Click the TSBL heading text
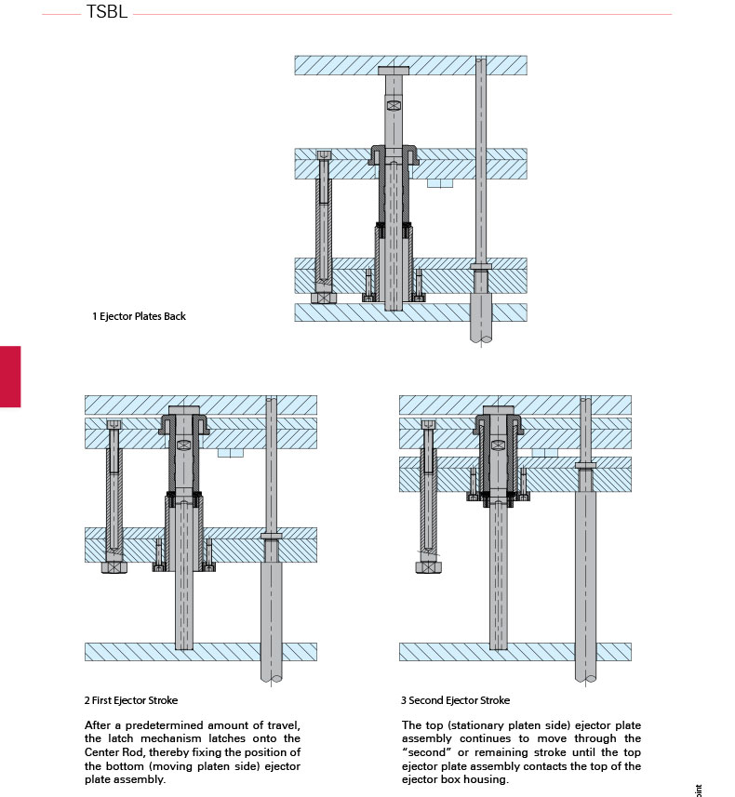pos(106,14)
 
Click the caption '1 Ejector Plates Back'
pos(139,316)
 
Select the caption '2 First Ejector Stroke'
pos(131,700)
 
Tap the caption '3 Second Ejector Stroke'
pos(456,700)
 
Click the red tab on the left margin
pos(9,376)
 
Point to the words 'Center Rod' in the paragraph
pos(113,752)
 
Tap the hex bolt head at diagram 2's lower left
pos(114,565)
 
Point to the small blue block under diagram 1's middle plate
pos(439,183)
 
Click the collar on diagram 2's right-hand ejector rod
pos(272,537)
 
